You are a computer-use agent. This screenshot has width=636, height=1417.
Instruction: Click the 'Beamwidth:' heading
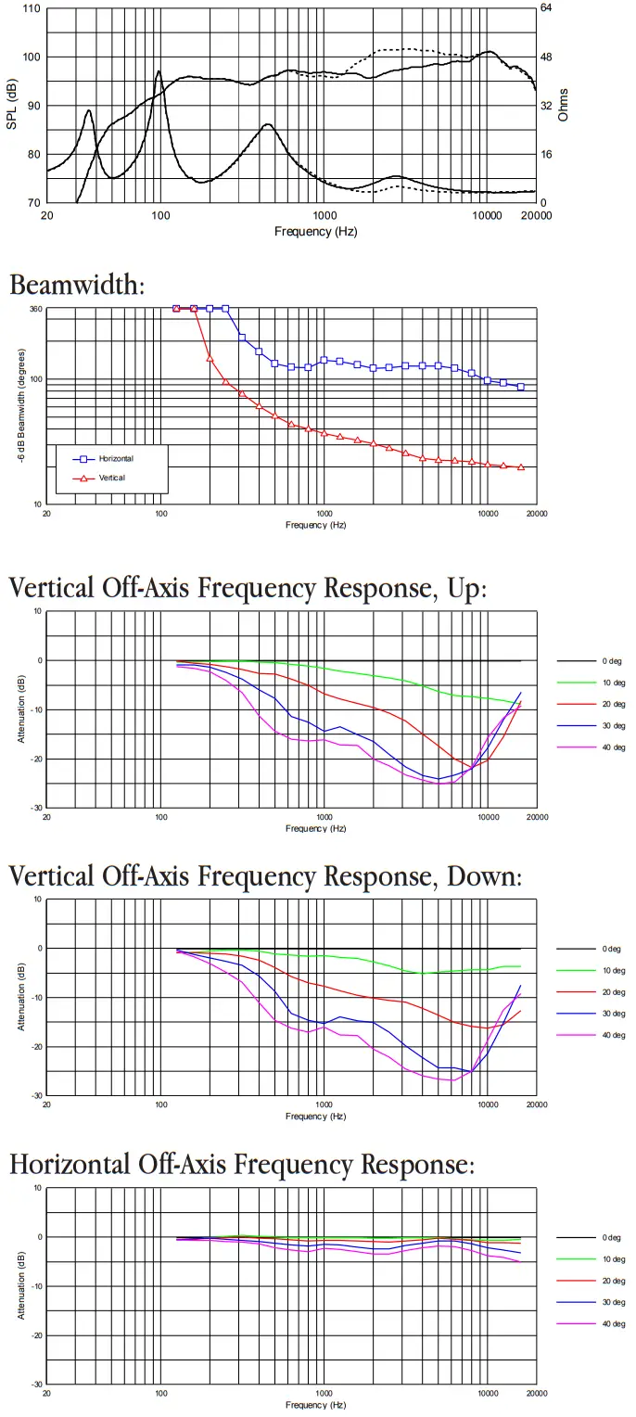77,285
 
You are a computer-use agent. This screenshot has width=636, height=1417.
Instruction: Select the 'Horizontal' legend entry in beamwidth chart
116,459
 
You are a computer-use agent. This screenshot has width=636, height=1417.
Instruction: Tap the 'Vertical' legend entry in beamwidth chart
111,478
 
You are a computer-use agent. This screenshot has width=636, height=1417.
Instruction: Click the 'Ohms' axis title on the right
563,106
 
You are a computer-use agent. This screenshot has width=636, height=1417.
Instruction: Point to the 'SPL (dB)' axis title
11,106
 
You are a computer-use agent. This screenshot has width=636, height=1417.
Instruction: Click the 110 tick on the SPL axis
31,8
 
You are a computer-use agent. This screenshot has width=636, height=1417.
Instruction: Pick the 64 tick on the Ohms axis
546,8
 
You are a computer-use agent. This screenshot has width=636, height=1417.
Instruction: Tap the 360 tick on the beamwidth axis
36,309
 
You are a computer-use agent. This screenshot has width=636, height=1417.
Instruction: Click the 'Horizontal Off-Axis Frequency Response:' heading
242,1164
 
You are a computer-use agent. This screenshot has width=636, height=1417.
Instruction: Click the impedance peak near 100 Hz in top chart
159,71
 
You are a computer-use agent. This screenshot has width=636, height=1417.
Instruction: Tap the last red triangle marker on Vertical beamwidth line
521,467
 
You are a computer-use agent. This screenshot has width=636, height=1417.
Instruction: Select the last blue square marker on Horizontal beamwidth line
521,387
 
